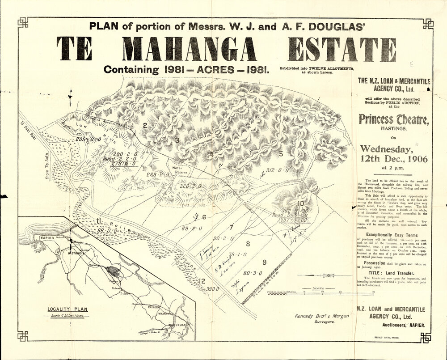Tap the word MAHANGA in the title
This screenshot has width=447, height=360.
(190, 49)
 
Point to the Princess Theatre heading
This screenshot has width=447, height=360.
(393, 119)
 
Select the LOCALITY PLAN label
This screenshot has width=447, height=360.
(68, 309)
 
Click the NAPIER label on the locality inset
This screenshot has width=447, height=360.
(47, 238)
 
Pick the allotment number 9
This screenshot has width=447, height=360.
(264, 262)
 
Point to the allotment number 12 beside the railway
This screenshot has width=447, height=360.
(202, 281)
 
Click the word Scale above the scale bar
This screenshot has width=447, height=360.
(318, 288)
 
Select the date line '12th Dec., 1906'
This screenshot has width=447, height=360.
(393, 159)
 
